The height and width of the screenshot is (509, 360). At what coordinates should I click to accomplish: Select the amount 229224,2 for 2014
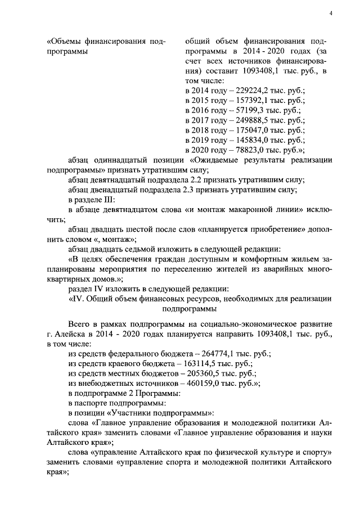click(254, 90)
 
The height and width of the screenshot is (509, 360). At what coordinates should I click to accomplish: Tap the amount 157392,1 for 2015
click(254, 100)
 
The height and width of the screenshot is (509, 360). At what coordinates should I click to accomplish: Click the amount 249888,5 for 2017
click(254, 120)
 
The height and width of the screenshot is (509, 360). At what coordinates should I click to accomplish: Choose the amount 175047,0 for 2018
click(254, 130)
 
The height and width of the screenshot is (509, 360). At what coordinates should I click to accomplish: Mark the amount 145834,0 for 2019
click(254, 140)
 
